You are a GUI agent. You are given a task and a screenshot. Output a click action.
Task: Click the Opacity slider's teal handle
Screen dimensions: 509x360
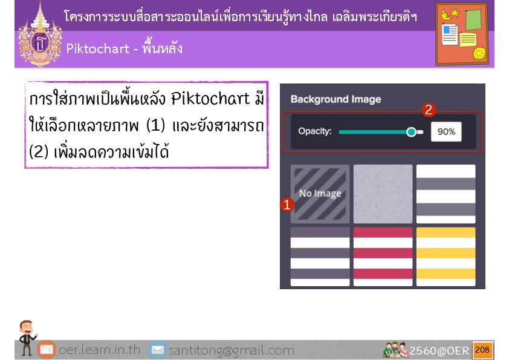click(x=411, y=132)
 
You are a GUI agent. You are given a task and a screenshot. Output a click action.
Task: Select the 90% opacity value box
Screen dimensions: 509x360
click(x=446, y=131)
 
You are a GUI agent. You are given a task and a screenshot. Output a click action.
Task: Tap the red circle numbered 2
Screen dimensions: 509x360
click(x=429, y=110)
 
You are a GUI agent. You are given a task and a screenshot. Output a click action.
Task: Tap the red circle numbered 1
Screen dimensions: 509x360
click(x=287, y=205)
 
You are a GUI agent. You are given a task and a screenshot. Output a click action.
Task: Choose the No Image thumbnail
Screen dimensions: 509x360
click(x=320, y=194)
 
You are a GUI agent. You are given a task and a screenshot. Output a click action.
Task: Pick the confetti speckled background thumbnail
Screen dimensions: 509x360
click(x=383, y=194)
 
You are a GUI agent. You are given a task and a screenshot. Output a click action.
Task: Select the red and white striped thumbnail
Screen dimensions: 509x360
click(x=383, y=257)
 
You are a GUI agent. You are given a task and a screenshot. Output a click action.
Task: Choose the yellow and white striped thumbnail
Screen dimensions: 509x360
click(x=446, y=257)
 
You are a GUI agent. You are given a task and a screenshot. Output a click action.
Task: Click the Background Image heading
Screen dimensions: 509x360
click(x=336, y=99)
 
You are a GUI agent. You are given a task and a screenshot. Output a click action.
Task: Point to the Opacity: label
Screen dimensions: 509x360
click(x=315, y=131)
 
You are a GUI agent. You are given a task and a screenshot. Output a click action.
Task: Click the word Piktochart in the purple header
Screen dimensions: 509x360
click(x=98, y=49)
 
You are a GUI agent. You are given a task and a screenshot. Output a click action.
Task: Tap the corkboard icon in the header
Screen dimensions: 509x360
click(x=462, y=34)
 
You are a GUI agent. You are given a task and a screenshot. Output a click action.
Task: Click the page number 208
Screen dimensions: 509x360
click(x=482, y=350)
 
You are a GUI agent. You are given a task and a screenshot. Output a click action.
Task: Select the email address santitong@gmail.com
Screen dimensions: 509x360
click(x=232, y=350)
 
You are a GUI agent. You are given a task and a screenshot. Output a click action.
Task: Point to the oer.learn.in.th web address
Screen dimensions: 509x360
click(x=99, y=350)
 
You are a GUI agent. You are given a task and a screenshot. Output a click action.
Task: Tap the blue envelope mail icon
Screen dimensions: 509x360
click(x=157, y=350)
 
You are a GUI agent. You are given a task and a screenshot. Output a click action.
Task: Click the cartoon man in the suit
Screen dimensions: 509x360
click(x=27, y=337)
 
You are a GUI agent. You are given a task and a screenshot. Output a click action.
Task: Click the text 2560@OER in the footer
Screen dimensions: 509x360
click(x=439, y=350)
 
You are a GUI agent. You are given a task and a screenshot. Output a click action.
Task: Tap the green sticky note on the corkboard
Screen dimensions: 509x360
click(x=473, y=19)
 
